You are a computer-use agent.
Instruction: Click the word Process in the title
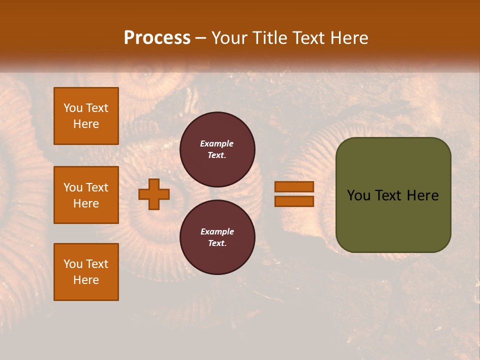click(157, 38)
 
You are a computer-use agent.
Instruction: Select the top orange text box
click(86, 116)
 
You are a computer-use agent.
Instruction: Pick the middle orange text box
click(86, 195)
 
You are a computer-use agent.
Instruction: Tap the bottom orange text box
click(86, 271)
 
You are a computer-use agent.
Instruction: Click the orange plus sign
click(154, 194)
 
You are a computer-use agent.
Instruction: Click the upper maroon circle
click(217, 149)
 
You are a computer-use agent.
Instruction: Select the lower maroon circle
click(217, 237)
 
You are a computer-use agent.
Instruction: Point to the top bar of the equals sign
click(294, 187)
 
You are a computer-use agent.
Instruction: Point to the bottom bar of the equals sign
click(294, 201)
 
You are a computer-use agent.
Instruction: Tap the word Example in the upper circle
click(217, 143)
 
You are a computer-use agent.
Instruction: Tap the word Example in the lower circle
click(217, 231)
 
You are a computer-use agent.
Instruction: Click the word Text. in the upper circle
click(217, 155)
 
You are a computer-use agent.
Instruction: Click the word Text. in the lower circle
click(217, 243)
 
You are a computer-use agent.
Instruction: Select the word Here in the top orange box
click(86, 124)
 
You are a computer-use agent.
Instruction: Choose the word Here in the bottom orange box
click(86, 280)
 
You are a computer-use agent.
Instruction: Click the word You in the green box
click(359, 195)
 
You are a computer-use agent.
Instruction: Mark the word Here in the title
click(348, 38)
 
